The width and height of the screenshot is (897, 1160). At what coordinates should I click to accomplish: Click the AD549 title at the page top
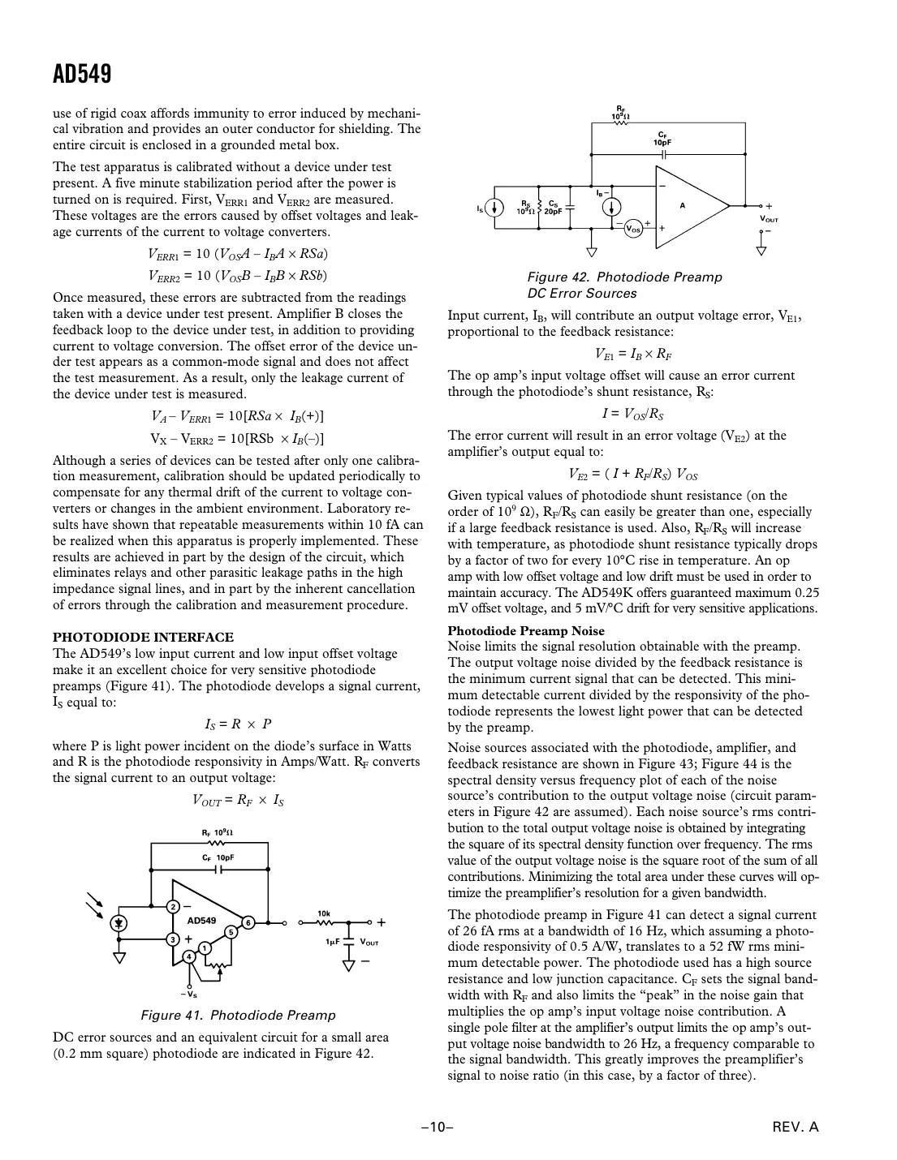[82, 75]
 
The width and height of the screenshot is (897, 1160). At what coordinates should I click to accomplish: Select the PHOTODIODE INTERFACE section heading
[143, 637]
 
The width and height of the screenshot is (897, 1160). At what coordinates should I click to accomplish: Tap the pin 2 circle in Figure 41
[173, 906]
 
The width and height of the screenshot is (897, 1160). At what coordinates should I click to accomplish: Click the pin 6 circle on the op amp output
[248, 922]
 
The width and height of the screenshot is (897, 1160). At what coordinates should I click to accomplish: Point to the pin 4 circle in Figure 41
[188, 956]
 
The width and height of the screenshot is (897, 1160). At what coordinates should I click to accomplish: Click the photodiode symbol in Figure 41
[120, 922]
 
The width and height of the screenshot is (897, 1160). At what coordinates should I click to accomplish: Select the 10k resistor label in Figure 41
[324, 913]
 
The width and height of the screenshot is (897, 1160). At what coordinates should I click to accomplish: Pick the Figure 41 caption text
[238, 1015]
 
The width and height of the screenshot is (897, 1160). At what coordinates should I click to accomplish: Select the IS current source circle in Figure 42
[494, 208]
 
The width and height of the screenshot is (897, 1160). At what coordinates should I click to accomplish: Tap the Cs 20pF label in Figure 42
[553, 207]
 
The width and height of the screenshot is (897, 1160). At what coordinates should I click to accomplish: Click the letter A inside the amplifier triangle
[683, 205]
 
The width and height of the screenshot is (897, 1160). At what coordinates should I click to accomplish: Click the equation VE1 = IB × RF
[633, 354]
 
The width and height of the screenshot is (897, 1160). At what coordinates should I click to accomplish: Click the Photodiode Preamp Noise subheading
[526, 630]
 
